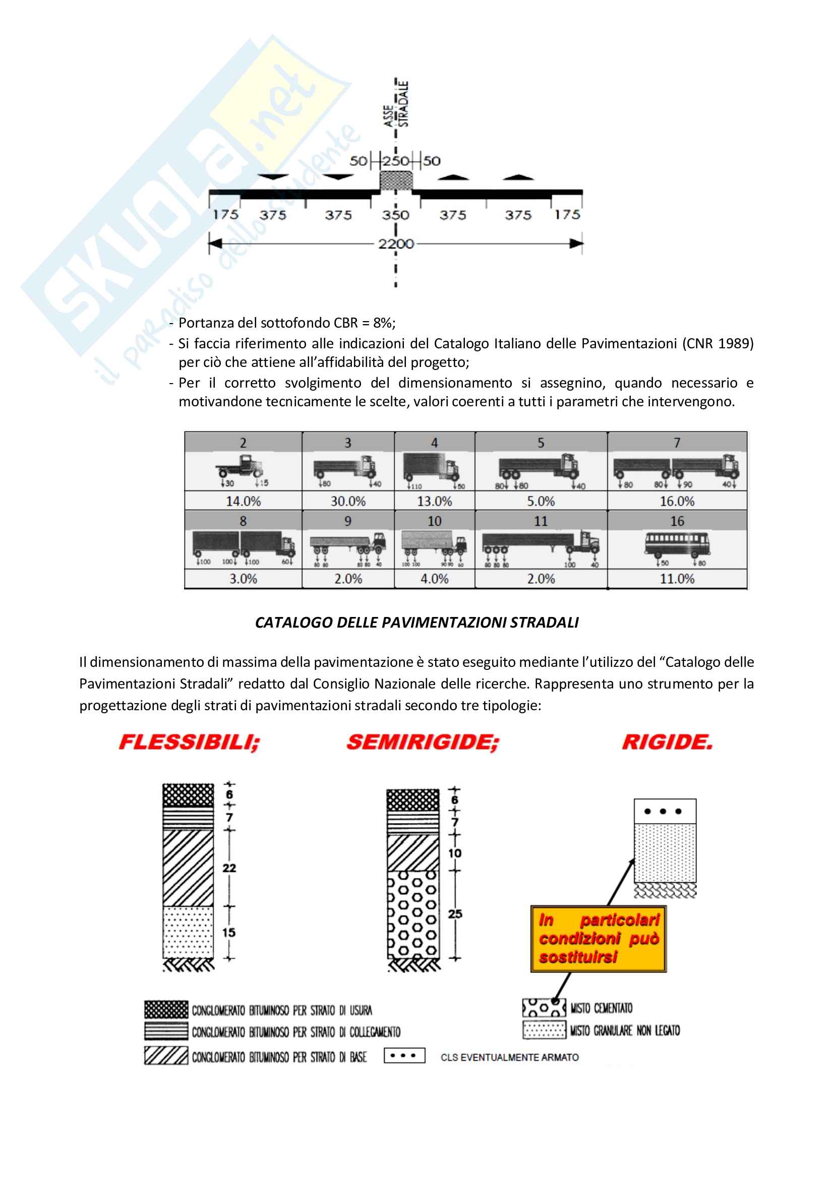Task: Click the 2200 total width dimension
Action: click(x=395, y=243)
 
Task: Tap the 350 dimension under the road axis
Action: click(x=395, y=215)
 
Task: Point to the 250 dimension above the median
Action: click(x=395, y=161)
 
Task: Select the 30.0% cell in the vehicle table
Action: click(x=348, y=501)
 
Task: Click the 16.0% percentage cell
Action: click(x=677, y=501)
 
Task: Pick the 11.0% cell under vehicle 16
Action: click(x=677, y=579)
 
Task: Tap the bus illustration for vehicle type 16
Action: click(x=677, y=547)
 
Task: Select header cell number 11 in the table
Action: click(x=541, y=521)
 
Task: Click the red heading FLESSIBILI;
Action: click(x=190, y=742)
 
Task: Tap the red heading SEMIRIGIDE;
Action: click(x=423, y=742)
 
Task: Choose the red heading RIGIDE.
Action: click(x=667, y=742)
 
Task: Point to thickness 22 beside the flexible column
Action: click(x=229, y=868)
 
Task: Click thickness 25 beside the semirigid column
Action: click(x=455, y=914)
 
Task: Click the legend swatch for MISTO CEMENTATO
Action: click(x=544, y=1008)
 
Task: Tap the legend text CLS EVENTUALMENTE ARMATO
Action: click(x=509, y=1058)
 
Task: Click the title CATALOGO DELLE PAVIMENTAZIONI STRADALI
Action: click(x=416, y=623)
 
